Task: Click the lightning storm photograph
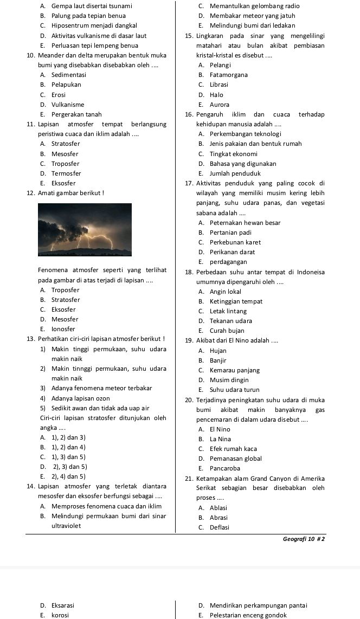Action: tap(85, 230)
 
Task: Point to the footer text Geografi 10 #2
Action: tap(304, 539)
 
